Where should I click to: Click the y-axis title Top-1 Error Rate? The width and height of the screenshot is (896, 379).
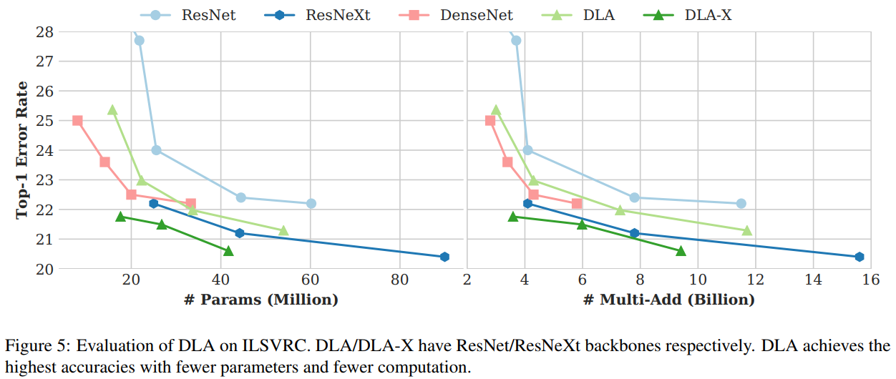click(22, 149)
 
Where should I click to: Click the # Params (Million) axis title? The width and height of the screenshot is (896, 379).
click(261, 300)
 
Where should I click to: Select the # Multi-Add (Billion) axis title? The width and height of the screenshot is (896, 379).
click(668, 300)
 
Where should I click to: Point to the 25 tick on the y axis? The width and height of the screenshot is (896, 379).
click(45, 121)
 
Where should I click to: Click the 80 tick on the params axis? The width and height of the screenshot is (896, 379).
click(399, 279)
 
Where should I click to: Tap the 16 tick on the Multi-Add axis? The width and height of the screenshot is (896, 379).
click(870, 279)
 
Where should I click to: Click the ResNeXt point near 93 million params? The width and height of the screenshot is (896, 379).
click(444, 257)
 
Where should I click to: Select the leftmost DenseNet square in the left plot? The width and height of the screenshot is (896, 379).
click(77, 121)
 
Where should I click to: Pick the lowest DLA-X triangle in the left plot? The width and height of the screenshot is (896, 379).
click(228, 250)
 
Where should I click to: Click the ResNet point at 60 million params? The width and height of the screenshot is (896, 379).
click(311, 203)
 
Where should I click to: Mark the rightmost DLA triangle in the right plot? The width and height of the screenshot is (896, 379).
click(747, 230)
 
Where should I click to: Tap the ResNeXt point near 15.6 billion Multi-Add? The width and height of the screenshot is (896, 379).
click(859, 257)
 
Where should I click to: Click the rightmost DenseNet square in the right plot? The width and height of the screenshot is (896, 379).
click(577, 204)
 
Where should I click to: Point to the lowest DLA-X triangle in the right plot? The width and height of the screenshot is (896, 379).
click(681, 250)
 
